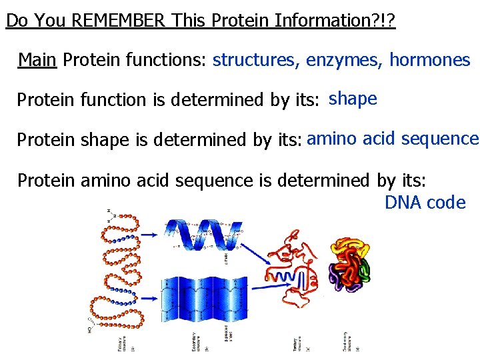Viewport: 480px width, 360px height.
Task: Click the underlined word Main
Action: tap(37, 61)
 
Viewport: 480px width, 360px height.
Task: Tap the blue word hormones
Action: tap(430, 61)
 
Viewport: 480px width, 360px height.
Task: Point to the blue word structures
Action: tap(256, 61)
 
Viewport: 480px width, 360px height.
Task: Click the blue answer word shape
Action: tap(353, 99)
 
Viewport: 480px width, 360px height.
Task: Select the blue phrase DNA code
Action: tap(425, 203)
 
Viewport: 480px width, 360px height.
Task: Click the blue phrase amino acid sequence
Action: tap(393, 139)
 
